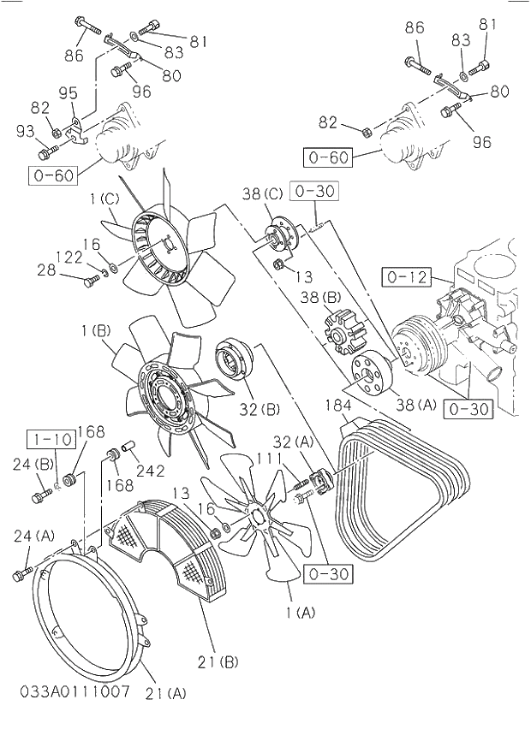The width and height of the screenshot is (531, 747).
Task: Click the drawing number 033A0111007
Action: pyautogui.click(x=75, y=691)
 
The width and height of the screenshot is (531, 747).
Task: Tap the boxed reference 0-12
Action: pyautogui.click(x=406, y=277)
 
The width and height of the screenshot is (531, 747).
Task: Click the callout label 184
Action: pyautogui.click(x=339, y=404)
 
